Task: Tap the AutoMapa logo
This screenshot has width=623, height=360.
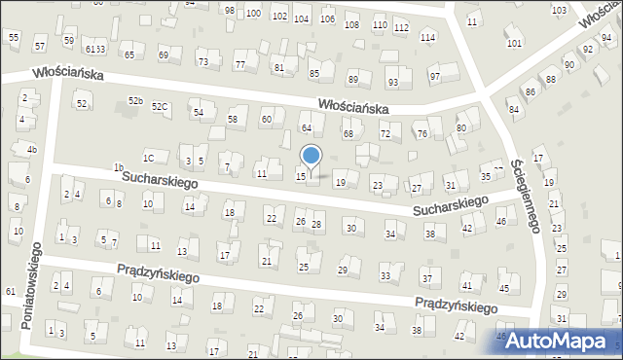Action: (561, 341)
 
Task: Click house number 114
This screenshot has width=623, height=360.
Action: (427, 37)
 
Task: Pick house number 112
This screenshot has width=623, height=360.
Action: (401, 27)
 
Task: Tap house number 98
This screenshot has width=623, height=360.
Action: (230, 11)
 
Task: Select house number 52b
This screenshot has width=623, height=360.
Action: (135, 101)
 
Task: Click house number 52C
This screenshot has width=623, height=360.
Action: (160, 106)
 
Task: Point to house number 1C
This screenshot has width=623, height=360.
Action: (148, 158)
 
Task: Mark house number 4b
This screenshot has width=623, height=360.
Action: (31, 149)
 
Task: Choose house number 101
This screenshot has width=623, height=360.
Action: (514, 44)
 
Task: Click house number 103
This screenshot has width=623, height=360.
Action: (559, 11)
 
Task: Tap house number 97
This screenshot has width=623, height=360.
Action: (435, 77)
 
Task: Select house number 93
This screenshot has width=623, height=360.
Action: (393, 82)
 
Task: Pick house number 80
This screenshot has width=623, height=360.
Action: (461, 127)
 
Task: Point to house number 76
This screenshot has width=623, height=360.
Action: (421, 134)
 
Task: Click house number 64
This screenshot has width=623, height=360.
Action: (306, 127)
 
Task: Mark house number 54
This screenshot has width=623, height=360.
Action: (198, 113)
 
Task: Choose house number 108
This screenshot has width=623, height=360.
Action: (351, 24)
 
